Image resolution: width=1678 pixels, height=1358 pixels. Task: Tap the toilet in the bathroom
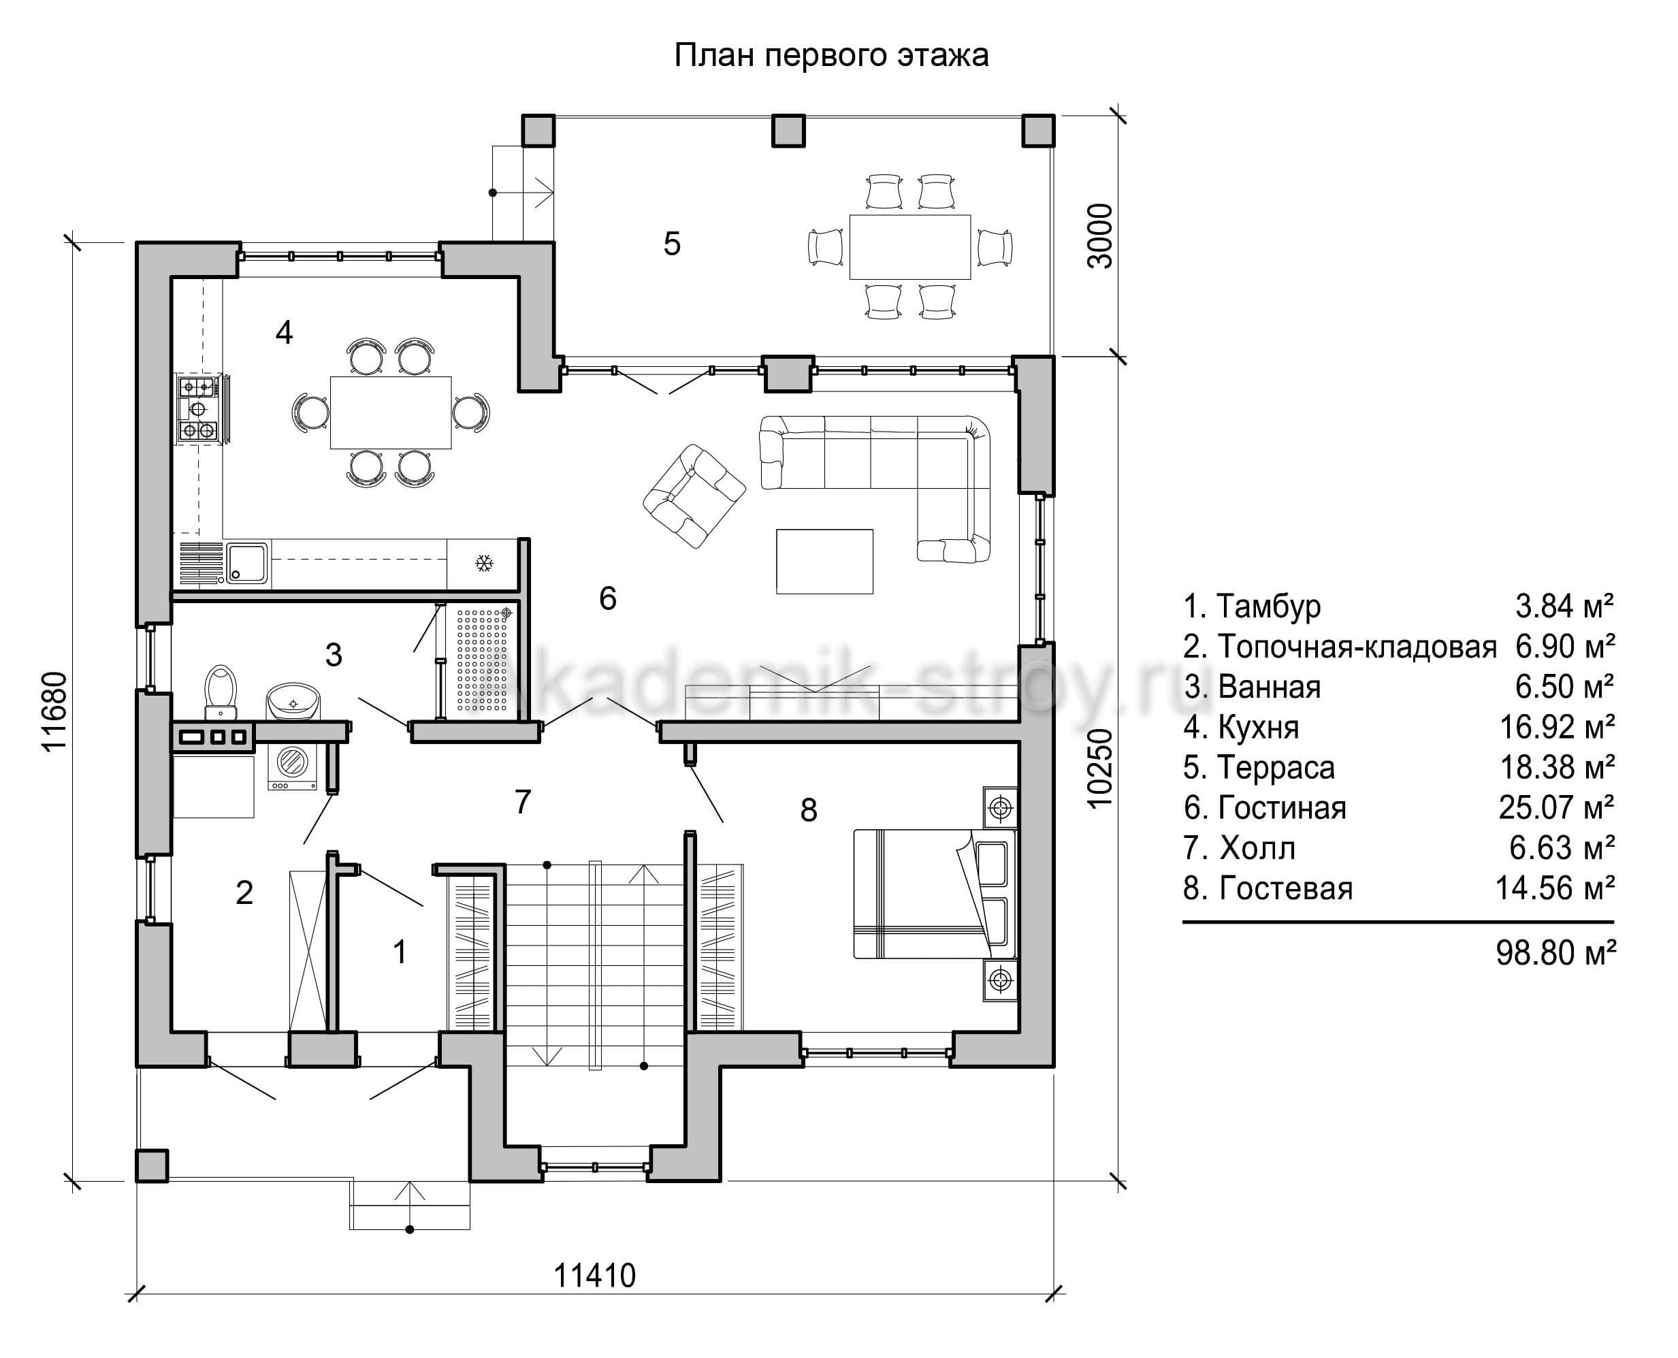tap(221, 692)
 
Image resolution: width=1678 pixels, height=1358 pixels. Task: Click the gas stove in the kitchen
tap(199, 409)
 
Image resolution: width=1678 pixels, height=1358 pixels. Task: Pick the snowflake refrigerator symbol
tap(484, 563)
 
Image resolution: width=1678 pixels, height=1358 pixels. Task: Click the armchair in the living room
tap(694, 495)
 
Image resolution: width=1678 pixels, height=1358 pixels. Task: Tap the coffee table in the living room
tap(824, 562)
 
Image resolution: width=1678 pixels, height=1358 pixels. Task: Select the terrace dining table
tap(910, 246)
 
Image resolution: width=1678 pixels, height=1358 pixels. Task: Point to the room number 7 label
tap(523, 802)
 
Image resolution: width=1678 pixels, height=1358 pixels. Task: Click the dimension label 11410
tap(594, 1276)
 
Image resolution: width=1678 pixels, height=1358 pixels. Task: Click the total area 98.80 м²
tap(1555, 952)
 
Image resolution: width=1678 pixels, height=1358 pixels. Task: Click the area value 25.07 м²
tap(1556, 807)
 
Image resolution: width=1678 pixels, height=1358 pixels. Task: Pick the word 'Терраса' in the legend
tap(1276, 767)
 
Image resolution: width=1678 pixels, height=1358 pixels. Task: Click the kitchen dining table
tap(390, 413)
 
